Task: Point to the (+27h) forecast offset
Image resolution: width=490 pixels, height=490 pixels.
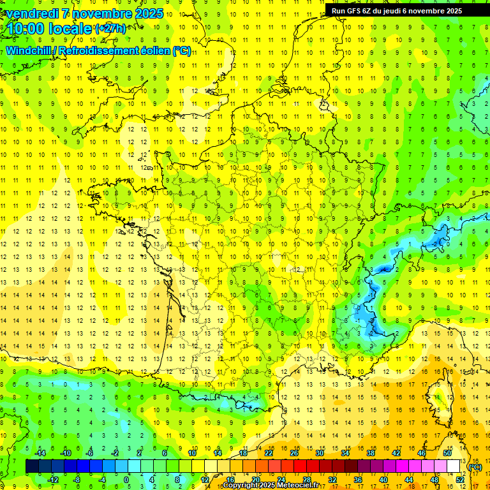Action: coord(110,29)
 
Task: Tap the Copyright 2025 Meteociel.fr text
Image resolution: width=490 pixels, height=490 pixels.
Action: coord(271,486)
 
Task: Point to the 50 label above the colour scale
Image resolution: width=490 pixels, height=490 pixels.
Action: coord(447,453)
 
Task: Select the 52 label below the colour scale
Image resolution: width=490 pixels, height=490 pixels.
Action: coord(459,480)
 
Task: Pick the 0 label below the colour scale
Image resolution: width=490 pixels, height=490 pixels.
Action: coord(127,480)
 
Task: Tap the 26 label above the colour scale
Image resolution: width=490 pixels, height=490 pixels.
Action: coord(294,453)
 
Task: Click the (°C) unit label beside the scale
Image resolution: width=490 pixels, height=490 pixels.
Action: coord(475,467)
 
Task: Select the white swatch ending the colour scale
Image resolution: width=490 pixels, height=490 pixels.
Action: coord(453,466)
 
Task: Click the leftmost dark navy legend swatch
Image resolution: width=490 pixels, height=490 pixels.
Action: coord(32,466)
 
